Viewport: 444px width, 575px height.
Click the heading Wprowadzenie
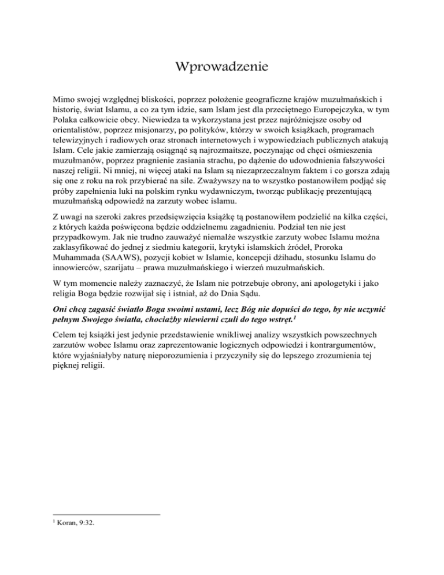click(222, 68)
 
